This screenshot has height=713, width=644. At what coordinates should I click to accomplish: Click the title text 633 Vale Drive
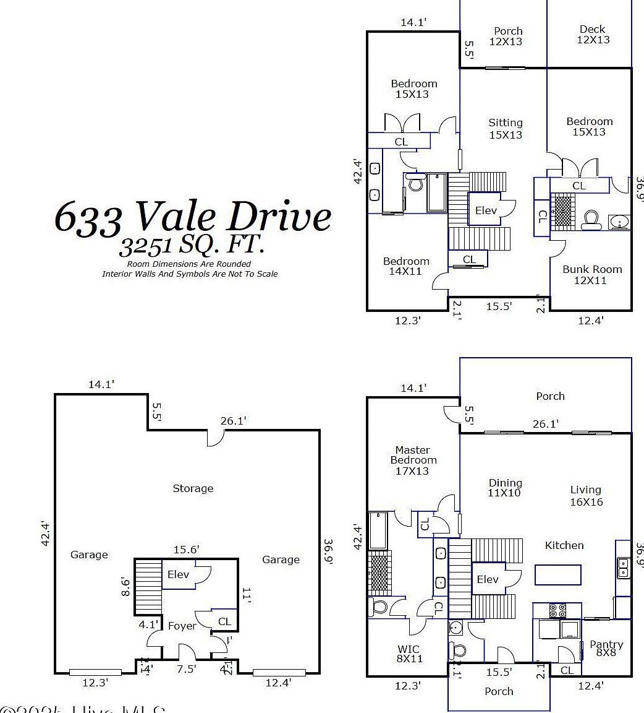click(x=192, y=217)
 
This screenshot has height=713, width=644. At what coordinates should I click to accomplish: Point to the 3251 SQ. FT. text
click(x=192, y=246)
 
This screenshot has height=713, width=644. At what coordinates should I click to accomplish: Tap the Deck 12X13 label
click(x=593, y=35)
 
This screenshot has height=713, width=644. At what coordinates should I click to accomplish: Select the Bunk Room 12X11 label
click(x=591, y=275)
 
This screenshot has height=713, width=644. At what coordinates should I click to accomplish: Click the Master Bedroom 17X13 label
click(x=413, y=460)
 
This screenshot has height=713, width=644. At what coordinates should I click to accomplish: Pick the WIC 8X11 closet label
click(x=408, y=654)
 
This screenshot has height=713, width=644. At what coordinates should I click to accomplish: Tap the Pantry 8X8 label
click(x=606, y=648)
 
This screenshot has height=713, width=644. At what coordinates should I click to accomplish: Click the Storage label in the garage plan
click(x=193, y=488)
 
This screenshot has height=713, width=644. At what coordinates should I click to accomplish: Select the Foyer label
click(x=182, y=626)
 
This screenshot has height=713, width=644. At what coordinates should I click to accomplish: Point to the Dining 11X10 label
click(x=505, y=488)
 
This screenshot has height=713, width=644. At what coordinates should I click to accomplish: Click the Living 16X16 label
click(x=585, y=496)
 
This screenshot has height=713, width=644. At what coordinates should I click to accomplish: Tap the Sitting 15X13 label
click(x=505, y=129)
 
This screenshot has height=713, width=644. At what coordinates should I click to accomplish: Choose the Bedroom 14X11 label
click(x=405, y=266)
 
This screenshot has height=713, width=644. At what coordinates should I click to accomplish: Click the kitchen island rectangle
click(x=558, y=574)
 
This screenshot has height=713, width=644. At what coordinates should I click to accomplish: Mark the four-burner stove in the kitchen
click(x=557, y=610)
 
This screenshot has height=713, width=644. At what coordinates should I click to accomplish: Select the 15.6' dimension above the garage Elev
click(x=186, y=549)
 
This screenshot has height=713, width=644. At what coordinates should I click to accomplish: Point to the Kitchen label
click(x=564, y=545)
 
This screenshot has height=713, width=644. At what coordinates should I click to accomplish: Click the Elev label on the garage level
click(x=178, y=574)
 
